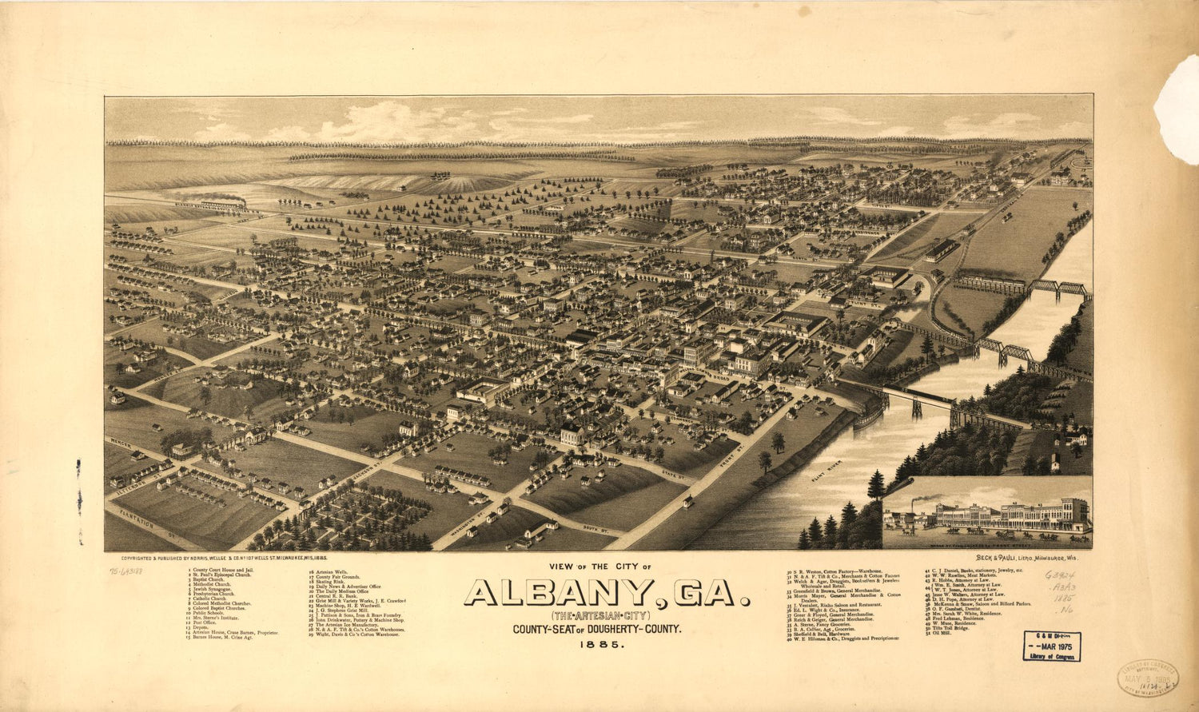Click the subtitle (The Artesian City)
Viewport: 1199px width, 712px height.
(598, 616)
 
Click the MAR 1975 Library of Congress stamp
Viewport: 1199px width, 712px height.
(1051, 646)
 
